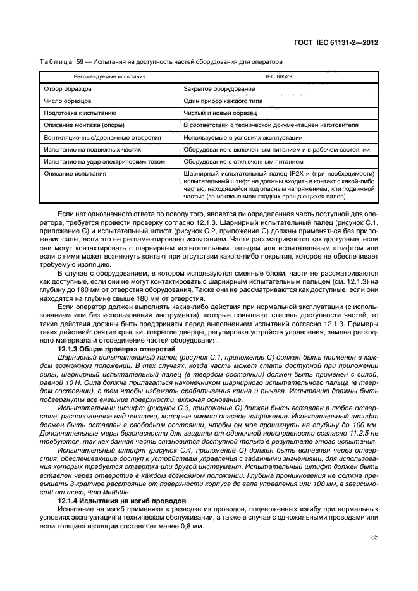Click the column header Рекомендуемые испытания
point(108,76)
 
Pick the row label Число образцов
point(68,101)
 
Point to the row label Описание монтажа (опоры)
point(83,125)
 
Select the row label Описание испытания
point(75,174)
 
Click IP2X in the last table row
point(289,174)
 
